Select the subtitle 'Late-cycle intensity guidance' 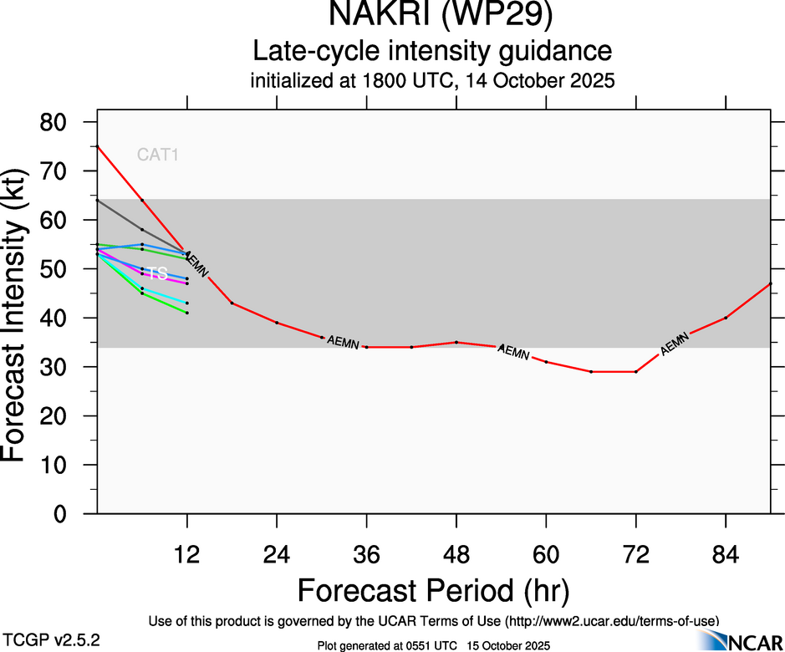point(432,51)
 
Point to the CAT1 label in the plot point(158,155)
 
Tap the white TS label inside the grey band point(157,273)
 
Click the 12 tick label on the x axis point(186,556)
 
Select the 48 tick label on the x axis point(456,556)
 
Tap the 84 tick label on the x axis point(726,556)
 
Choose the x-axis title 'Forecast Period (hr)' point(432,590)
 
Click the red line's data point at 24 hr point(277,323)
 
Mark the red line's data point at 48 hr point(456,342)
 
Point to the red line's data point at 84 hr point(726,318)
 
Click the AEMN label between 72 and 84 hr point(675,344)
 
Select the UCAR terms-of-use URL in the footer point(610,621)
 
